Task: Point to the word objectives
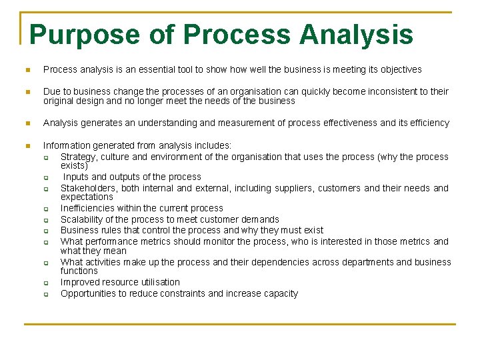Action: click(399, 69)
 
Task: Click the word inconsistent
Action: click(391, 91)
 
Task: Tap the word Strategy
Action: click(79, 157)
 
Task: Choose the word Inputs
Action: click(77, 177)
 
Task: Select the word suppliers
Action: click(291, 188)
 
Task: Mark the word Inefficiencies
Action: click(87, 208)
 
